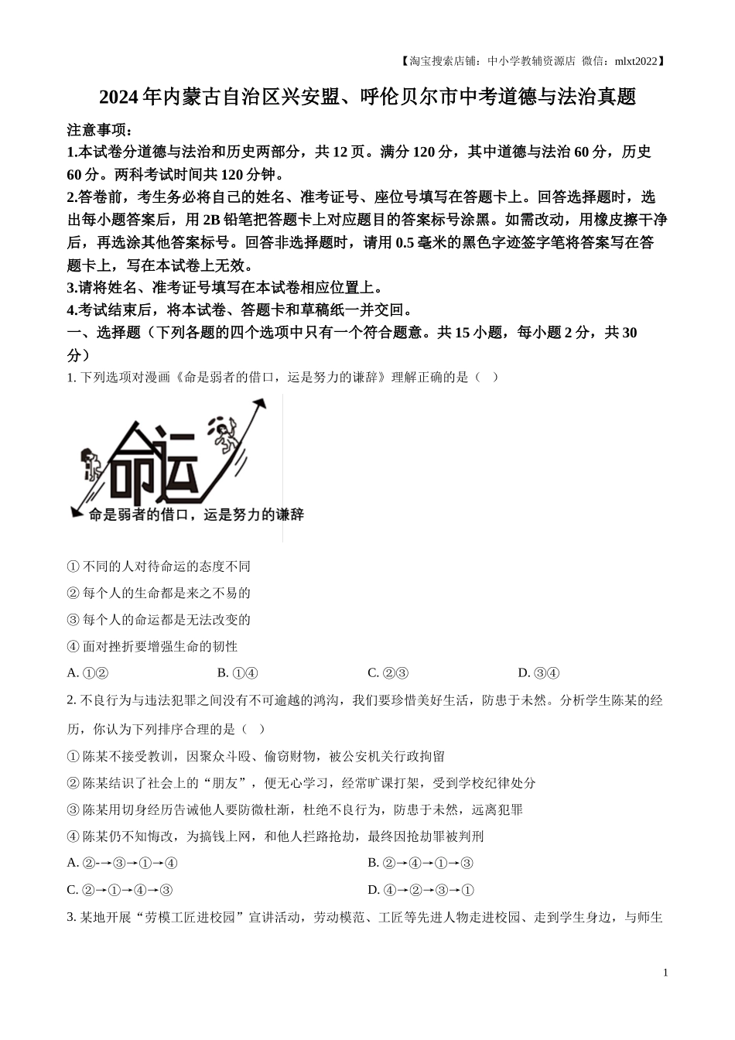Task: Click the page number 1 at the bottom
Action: tap(665, 973)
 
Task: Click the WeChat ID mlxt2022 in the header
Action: tap(637, 60)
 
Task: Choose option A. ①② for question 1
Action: tap(87, 673)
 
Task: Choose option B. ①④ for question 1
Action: tap(238, 673)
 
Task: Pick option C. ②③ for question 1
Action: tap(388, 673)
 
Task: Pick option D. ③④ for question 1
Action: tap(538, 673)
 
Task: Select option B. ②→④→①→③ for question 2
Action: tap(420, 863)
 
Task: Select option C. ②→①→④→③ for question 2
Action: tap(120, 890)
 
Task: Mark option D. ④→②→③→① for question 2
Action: tap(420, 890)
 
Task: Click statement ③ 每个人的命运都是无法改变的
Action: tap(159, 620)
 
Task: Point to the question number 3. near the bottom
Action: tap(72, 918)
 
